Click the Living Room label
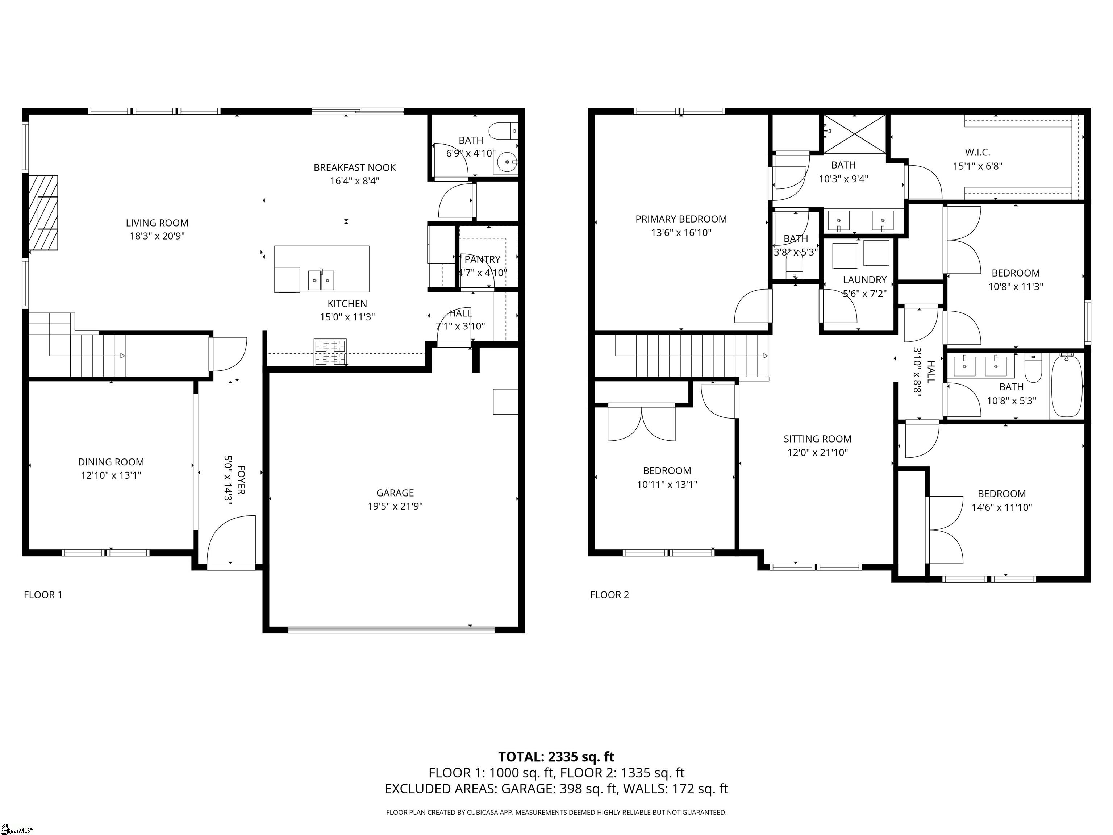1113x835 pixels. point(157,223)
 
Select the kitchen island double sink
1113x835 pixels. point(321,280)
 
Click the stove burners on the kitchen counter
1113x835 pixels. point(330,352)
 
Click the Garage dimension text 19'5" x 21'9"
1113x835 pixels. point(395,506)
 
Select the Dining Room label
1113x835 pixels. point(111,462)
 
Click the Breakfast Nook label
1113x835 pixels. point(355,167)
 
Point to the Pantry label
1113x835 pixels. point(482,259)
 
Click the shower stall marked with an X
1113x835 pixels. point(854,133)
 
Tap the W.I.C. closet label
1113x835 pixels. point(977,152)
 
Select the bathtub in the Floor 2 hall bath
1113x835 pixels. point(1067,385)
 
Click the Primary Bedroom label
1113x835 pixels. point(681,219)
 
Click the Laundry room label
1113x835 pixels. point(864,280)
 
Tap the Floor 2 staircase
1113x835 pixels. point(699,356)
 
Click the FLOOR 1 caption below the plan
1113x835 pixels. point(43,595)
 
